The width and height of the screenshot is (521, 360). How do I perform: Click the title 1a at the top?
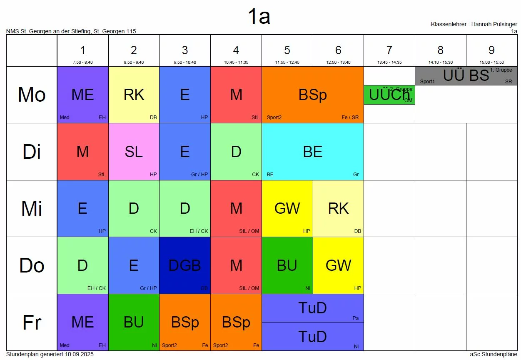click(x=259, y=17)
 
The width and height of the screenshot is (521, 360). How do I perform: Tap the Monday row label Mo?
click(x=32, y=95)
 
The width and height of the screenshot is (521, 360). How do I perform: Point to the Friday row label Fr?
click(x=32, y=322)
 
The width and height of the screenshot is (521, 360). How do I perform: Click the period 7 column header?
click(x=389, y=51)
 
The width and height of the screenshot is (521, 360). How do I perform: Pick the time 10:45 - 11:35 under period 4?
click(x=236, y=62)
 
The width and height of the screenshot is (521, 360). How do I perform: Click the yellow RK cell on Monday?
click(x=134, y=95)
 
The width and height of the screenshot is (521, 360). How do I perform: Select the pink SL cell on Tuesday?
click(x=134, y=152)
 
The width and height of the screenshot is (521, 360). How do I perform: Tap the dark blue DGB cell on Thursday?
click(x=185, y=265)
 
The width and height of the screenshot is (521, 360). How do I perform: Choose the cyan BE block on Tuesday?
click(x=313, y=152)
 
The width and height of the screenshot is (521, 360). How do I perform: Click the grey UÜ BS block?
click(x=466, y=76)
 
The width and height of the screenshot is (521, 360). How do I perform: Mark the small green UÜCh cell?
click(x=389, y=95)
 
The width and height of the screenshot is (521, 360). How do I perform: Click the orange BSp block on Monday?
click(x=313, y=95)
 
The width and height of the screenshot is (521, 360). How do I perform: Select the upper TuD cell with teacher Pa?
click(x=313, y=308)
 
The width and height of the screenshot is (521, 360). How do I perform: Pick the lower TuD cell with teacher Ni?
click(x=313, y=337)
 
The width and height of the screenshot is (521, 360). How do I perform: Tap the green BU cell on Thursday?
click(x=287, y=265)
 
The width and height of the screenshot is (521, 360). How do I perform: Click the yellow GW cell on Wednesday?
click(x=287, y=208)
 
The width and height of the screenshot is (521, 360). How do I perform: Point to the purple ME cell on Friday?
click(x=82, y=322)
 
